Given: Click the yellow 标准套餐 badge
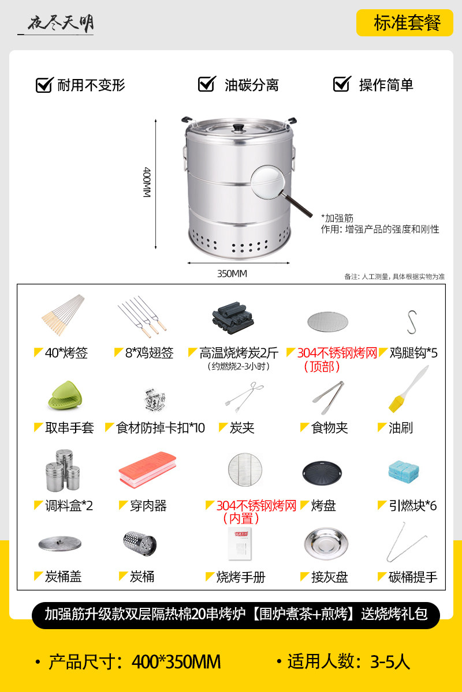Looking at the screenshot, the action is point(405,23).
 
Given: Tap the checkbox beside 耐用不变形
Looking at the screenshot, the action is point(44,85).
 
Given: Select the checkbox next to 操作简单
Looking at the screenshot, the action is point(342,84).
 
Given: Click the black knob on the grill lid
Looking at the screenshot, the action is point(239,127).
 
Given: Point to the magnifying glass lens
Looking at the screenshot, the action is point(268,182).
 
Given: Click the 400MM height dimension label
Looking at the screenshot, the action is point(147,182).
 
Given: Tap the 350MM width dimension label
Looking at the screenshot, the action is point(232,274).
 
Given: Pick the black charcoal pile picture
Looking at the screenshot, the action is point(233,318).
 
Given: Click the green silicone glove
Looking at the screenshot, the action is point(65,396).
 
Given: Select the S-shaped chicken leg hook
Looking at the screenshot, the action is point(412,322).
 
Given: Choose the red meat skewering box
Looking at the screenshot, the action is point(147,470).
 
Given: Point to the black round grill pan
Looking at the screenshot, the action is point(322,473).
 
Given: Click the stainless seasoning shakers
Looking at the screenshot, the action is point(63,470).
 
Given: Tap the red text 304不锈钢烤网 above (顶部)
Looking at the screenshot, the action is point(337,353).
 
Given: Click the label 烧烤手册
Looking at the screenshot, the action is point(240,577).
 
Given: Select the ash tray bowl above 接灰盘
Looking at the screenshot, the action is point(326,544).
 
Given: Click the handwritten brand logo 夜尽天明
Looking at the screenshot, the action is point(61,24).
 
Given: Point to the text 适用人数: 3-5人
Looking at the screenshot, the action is point(349,661).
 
